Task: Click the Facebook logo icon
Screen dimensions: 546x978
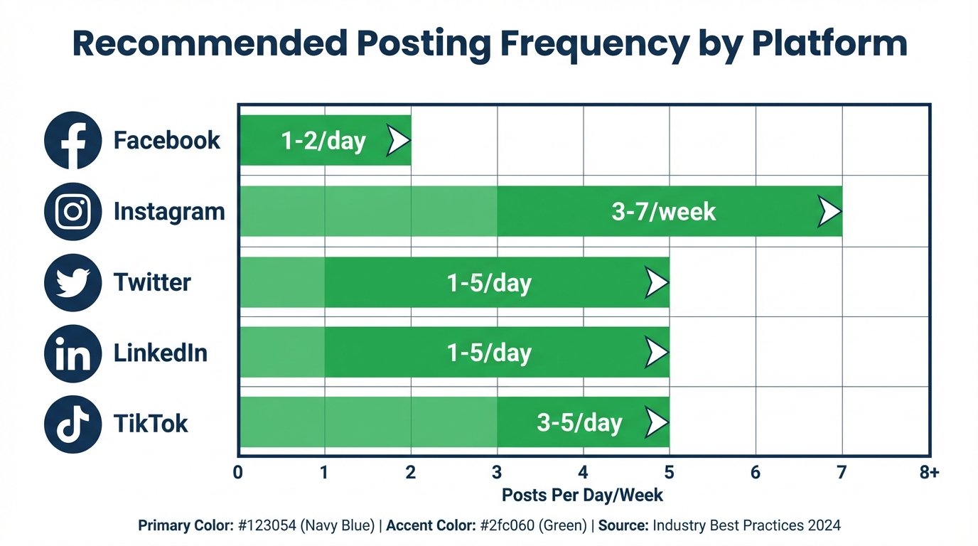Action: tap(72, 140)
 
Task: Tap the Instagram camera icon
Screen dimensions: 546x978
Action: tap(72, 211)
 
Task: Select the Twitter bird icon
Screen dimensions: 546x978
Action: tap(72, 282)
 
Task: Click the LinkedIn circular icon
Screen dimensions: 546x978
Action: tap(72, 353)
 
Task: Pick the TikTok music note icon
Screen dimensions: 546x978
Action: tap(72, 424)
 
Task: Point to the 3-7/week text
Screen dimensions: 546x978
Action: tap(664, 212)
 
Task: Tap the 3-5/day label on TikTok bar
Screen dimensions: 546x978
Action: tap(579, 423)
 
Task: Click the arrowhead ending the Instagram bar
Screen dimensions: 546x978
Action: tap(828, 212)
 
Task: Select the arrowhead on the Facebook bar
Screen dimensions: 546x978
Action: tap(397, 141)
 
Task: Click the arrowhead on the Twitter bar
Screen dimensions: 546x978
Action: tap(656, 283)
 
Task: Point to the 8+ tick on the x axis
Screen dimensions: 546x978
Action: tap(928, 473)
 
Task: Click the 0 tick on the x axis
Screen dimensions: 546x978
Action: tap(238, 473)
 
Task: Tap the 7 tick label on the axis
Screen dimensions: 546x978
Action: tap(842, 473)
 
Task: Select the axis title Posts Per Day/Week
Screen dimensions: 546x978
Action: tap(582, 495)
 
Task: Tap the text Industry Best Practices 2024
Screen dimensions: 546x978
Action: tap(746, 526)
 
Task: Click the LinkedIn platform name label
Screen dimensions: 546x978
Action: tap(161, 353)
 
